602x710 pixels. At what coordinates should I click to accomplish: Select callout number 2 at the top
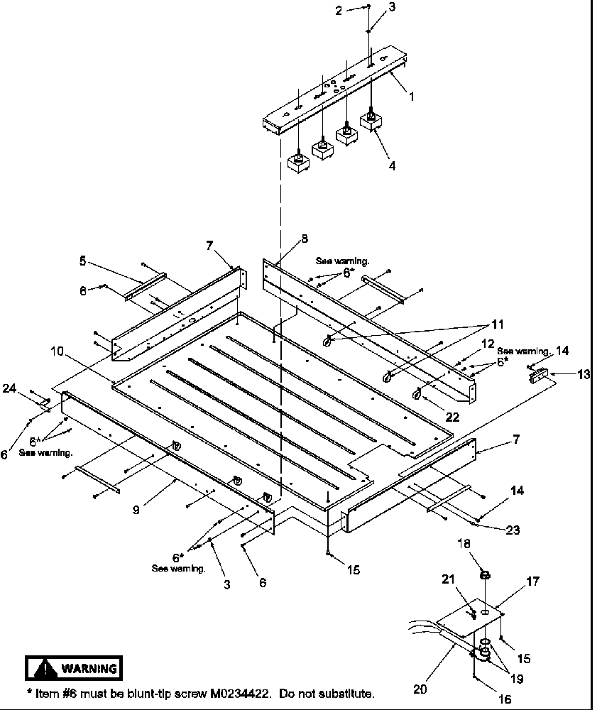point(339,10)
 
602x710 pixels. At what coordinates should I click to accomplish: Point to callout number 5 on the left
point(83,261)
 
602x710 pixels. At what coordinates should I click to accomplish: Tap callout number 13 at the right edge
point(583,373)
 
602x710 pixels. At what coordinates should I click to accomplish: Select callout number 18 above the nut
point(485,545)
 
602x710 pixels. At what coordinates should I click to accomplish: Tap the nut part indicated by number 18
point(485,574)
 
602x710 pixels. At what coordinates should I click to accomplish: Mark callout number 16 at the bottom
point(505,699)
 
